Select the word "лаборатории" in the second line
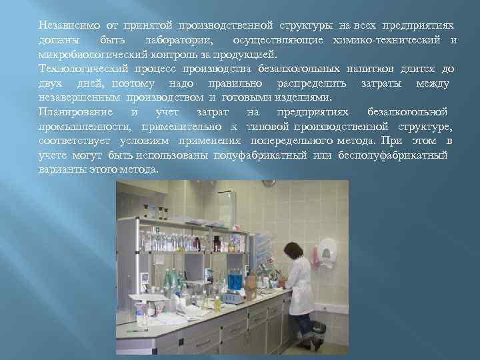click(179, 41)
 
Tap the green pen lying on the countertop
click(137, 330)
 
